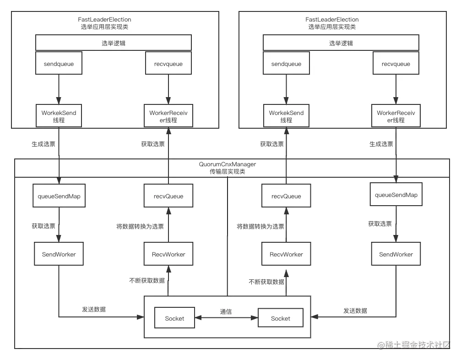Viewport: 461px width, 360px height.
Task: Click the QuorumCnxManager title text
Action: [x=227, y=164]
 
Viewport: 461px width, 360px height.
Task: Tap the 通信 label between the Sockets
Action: [x=226, y=312]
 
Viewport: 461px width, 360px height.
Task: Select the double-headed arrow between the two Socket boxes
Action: [x=226, y=318]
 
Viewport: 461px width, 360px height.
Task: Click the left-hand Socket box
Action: [x=174, y=318]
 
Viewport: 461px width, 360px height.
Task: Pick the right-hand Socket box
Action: [x=280, y=318]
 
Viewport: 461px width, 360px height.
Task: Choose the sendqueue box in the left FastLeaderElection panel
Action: [x=59, y=64]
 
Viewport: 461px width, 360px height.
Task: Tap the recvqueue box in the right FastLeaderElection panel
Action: [x=396, y=64]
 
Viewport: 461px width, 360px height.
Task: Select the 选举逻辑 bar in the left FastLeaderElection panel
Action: [x=114, y=44]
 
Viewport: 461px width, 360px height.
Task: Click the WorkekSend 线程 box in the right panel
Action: [x=286, y=116]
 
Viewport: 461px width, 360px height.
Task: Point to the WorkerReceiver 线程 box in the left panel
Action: [x=168, y=116]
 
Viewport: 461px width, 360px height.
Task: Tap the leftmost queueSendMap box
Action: [x=59, y=196]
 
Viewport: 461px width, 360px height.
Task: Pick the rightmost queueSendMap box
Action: [x=396, y=195]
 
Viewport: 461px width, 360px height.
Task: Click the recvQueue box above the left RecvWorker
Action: [x=168, y=196]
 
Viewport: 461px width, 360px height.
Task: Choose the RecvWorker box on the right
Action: [x=286, y=255]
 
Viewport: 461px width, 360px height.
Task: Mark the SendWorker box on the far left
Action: [x=59, y=255]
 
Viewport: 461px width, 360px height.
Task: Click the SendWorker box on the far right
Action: [x=396, y=255]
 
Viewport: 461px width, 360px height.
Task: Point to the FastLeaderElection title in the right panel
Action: [x=332, y=20]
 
